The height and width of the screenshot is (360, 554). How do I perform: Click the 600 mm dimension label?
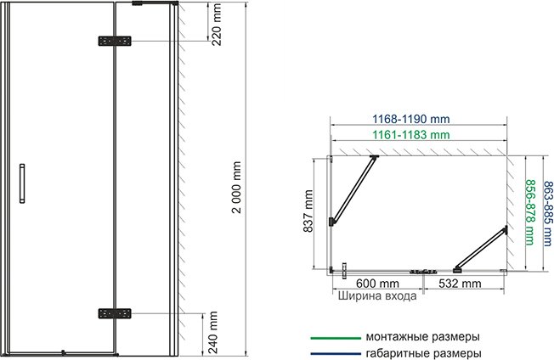point(377,283)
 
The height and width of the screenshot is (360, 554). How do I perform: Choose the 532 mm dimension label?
point(460,283)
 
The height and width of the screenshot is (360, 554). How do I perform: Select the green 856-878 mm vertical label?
point(530,213)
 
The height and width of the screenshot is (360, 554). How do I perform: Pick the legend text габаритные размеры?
point(422,352)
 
